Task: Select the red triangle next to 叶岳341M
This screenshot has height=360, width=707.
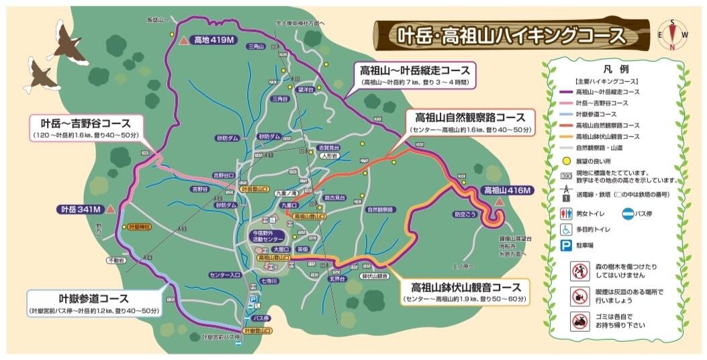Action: pyautogui.click(x=111, y=210)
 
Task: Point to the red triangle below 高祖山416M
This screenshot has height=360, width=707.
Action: pyautogui.click(x=498, y=201)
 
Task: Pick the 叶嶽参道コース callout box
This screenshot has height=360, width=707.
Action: pyautogui.click(x=94, y=303)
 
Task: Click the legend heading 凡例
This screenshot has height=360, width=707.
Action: pyautogui.click(x=616, y=69)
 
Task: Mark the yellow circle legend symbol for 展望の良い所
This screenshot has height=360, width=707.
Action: pyautogui.click(x=566, y=161)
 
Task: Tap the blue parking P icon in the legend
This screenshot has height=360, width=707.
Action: pyautogui.click(x=566, y=246)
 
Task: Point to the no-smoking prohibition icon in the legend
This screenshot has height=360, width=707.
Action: pyautogui.click(x=579, y=294)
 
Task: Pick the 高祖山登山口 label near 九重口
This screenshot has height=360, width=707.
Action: pyautogui.click(x=306, y=217)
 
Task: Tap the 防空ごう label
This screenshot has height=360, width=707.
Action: pyautogui.click(x=465, y=214)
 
